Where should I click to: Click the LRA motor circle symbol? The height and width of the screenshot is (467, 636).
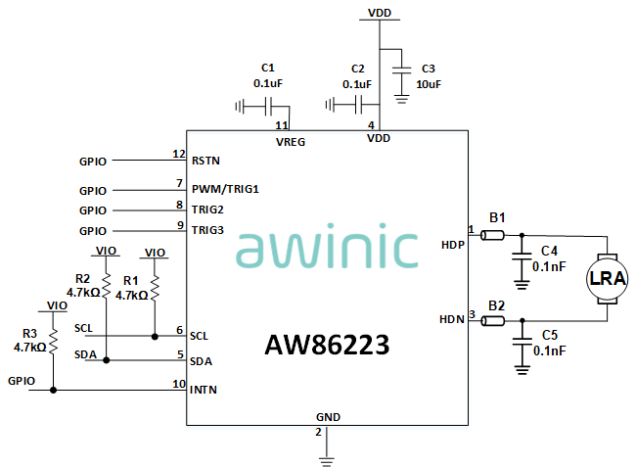coord(606,281)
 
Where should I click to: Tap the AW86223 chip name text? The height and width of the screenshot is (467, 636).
coord(327,346)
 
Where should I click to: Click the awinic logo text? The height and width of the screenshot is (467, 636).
coord(327,250)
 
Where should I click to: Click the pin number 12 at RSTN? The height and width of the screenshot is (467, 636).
coord(178,154)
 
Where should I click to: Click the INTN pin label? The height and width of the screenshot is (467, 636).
coord(204,390)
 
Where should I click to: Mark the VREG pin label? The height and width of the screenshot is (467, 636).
coord(291,141)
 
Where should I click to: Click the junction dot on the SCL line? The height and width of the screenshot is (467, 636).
coord(155,336)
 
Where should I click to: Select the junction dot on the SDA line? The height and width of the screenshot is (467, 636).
coord(106,360)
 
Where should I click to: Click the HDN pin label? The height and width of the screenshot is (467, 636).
coord(452,320)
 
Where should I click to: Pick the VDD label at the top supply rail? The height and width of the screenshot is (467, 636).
coord(380,13)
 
